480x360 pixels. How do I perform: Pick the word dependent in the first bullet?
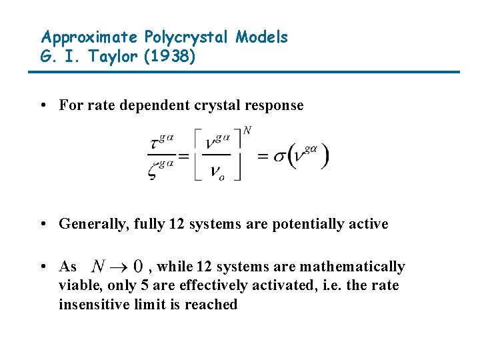[x=150, y=105]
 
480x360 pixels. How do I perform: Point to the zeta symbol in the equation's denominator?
[x=155, y=171]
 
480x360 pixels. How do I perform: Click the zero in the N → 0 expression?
[x=138, y=267]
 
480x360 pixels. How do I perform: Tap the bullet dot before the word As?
[x=42, y=267]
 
